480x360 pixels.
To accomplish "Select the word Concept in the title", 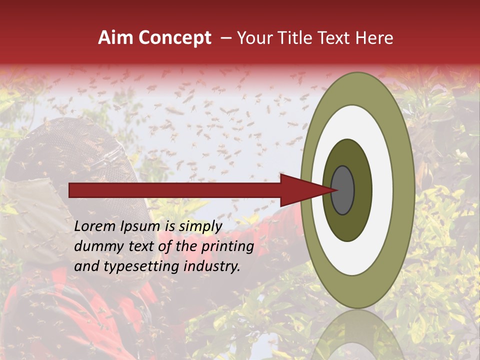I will (x=174, y=38).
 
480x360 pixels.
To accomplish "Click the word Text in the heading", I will (x=336, y=38).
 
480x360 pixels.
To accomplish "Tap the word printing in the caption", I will (x=227, y=246).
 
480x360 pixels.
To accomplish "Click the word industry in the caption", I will (x=212, y=266).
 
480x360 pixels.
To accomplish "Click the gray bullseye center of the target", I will (x=343, y=190).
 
